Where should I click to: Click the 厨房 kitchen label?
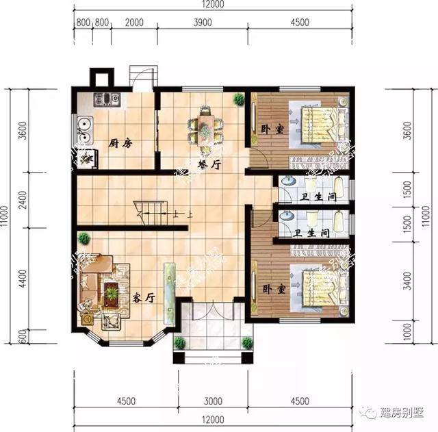(120, 144)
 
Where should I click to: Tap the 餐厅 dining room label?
(209, 164)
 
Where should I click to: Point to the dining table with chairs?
(205, 126)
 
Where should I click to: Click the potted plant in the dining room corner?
(238, 99)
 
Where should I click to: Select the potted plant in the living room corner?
(83, 239)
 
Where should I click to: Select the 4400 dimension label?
(24, 279)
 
